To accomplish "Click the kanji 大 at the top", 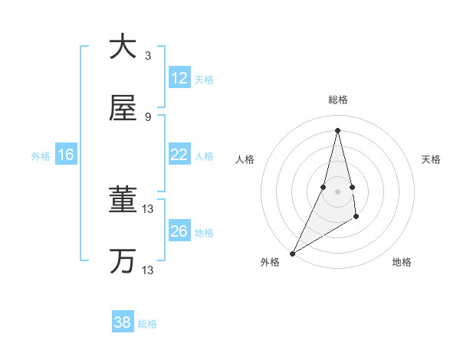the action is click(123, 46).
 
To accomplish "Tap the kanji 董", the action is click(123, 201).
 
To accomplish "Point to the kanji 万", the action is click(123, 261).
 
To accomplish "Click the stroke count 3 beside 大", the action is click(148, 55).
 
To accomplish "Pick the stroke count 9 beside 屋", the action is click(148, 116).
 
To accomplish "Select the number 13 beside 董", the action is click(148, 209).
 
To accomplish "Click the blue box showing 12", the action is click(179, 78).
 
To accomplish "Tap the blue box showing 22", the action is click(179, 155).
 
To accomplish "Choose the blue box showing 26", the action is click(179, 231).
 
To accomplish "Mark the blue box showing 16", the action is click(66, 155).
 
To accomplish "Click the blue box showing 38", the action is click(123, 322).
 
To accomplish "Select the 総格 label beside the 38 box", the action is click(148, 324).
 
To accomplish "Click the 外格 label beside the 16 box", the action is click(41, 156).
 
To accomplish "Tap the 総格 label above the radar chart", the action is click(337, 100).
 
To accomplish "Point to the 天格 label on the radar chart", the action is click(432, 159).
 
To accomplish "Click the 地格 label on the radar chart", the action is click(402, 262).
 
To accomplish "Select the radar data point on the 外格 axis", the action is click(293, 253).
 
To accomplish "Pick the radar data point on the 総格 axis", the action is click(337, 130).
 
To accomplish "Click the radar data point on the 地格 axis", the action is click(357, 218).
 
